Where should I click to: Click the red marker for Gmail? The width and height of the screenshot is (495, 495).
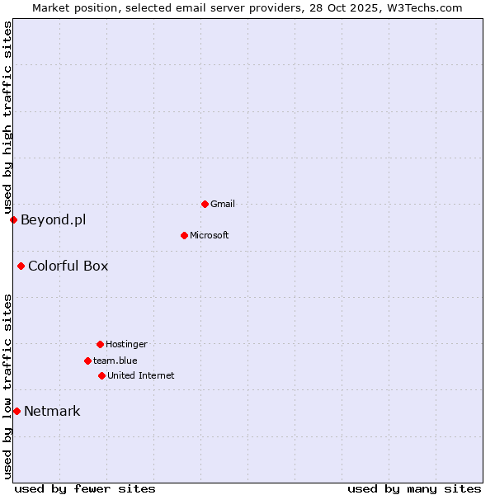tap(205, 204)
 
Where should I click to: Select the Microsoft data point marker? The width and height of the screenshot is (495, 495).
tap(184, 235)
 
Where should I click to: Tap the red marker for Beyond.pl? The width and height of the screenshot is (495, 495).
tap(13, 219)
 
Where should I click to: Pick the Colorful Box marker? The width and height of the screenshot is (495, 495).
tap(21, 266)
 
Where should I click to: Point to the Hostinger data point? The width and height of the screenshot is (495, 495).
tap(100, 344)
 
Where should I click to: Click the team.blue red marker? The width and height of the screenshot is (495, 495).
tap(87, 361)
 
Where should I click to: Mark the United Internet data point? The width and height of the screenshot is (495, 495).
tap(101, 375)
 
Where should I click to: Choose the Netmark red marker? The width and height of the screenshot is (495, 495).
tap(16, 411)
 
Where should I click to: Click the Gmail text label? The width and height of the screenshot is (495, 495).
tap(223, 204)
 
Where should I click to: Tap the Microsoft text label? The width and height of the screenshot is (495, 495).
tap(210, 235)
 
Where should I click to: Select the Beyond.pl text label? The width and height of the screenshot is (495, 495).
tap(53, 219)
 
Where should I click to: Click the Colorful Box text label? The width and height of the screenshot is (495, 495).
tap(68, 266)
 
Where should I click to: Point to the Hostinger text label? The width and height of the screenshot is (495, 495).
tap(126, 344)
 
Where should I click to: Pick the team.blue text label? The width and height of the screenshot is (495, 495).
tap(115, 361)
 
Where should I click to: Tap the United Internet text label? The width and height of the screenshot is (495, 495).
tap(141, 375)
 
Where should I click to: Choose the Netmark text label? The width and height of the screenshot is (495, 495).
tap(52, 411)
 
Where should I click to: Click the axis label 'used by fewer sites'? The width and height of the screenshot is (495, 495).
tap(85, 488)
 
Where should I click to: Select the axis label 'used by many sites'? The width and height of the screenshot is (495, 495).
tap(414, 488)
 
